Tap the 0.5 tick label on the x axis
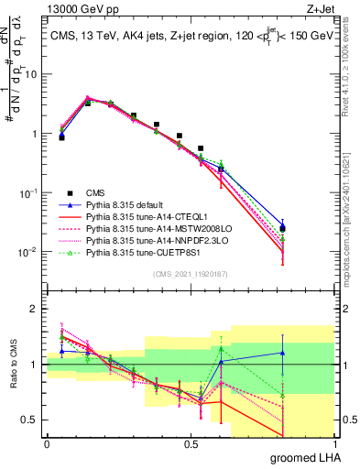pyautogui.click(x=191, y=444)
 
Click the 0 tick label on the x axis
pyautogui.click(x=47, y=444)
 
